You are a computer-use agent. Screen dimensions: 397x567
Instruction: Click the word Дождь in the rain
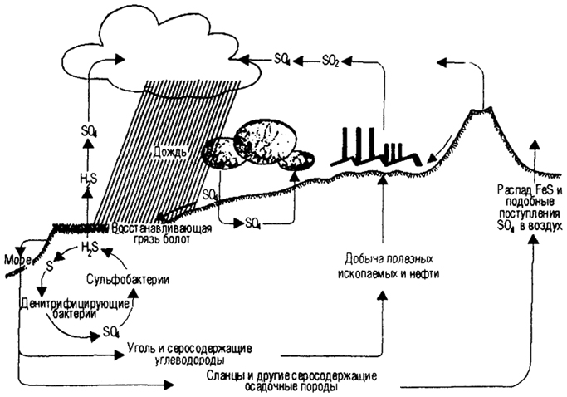click(169, 153)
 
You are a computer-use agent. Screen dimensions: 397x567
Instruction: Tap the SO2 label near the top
click(330, 60)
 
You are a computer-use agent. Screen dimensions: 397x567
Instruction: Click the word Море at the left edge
click(17, 257)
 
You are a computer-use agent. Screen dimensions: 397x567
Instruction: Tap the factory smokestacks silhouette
click(370, 149)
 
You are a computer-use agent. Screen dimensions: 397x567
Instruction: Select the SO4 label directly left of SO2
click(281, 60)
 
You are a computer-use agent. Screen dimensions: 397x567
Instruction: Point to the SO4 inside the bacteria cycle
click(112, 332)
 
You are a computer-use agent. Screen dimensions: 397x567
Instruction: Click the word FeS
click(538, 191)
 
